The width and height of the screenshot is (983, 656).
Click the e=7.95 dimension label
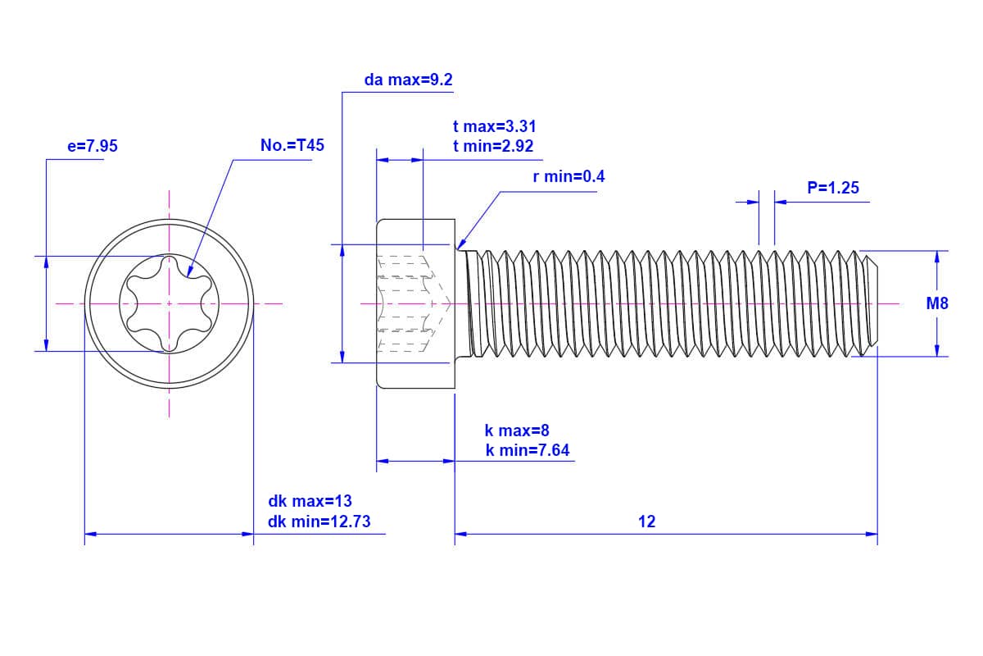pyautogui.click(x=92, y=147)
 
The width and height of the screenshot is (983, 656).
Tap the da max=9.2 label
pyautogui.click(x=408, y=80)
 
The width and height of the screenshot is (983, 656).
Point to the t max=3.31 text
pyautogui.click(x=494, y=126)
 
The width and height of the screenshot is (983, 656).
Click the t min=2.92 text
pyautogui.click(x=493, y=147)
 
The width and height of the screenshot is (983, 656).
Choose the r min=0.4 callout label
pyautogui.click(x=569, y=176)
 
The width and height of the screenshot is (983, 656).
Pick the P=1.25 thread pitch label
pyautogui.click(x=832, y=188)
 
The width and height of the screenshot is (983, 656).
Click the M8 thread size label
pyautogui.click(x=937, y=303)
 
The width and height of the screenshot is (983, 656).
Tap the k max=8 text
pyautogui.click(x=518, y=430)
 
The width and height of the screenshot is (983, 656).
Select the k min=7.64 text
pyautogui.click(x=527, y=450)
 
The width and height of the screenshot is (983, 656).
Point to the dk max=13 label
pyautogui.click(x=310, y=501)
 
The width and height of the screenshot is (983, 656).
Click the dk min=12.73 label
pyautogui.click(x=324, y=522)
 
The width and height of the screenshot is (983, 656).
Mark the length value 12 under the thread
pyautogui.click(x=646, y=522)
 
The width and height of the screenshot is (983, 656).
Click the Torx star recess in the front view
pyautogui.click(x=170, y=303)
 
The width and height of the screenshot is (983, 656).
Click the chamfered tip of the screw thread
pyautogui.click(x=873, y=303)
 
